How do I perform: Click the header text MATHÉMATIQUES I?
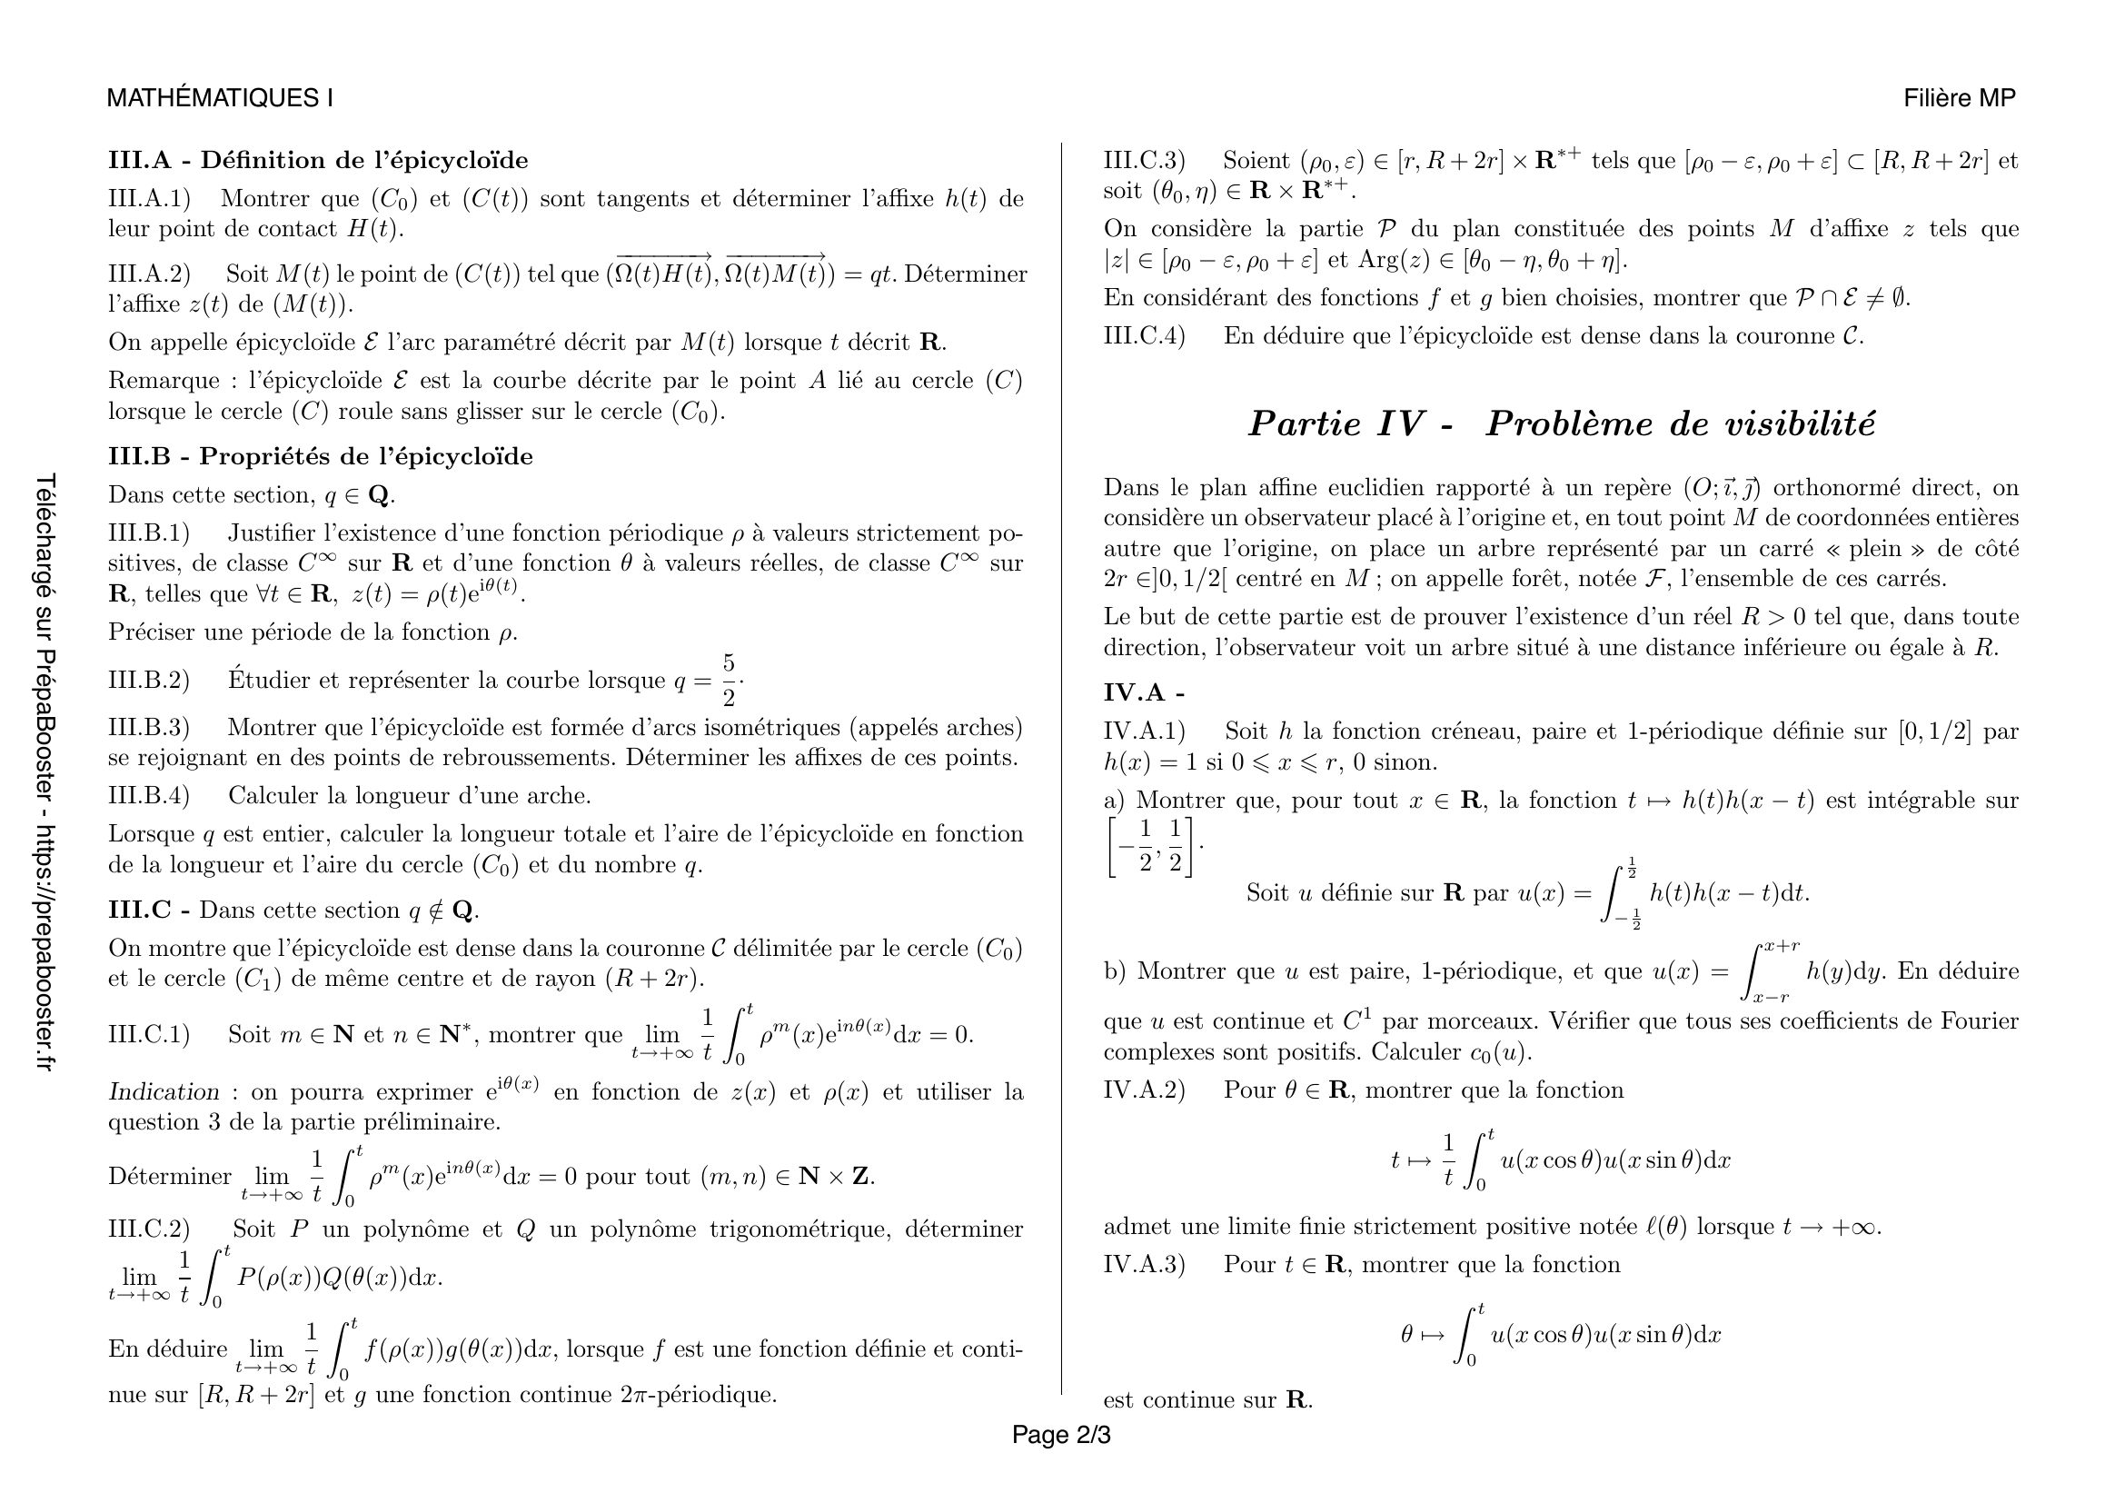[x=220, y=98]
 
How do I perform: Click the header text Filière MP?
[x=1960, y=98]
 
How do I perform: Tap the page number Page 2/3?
[x=1060, y=1435]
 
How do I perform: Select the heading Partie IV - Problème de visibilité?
[x=1562, y=423]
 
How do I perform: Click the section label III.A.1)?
[x=149, y=199]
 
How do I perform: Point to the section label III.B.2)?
[x=149, y=681]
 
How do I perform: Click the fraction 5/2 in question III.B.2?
[x=729, y=681]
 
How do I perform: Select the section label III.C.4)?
[x=1144, y=336]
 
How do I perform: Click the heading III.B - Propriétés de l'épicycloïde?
[x=320, y=456]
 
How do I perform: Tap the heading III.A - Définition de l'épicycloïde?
[x=318, y=160]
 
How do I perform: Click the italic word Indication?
[x=164, y=1092]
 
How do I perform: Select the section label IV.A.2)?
[x=1144, y=1090]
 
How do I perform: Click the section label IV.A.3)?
[x=1144, y=1264]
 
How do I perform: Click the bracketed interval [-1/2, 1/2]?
[x=1151, y=846]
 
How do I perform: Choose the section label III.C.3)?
[x=1144, y=161]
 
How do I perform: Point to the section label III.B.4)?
[x=149, y=796]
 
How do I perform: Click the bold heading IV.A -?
[x=1144, y=692]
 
